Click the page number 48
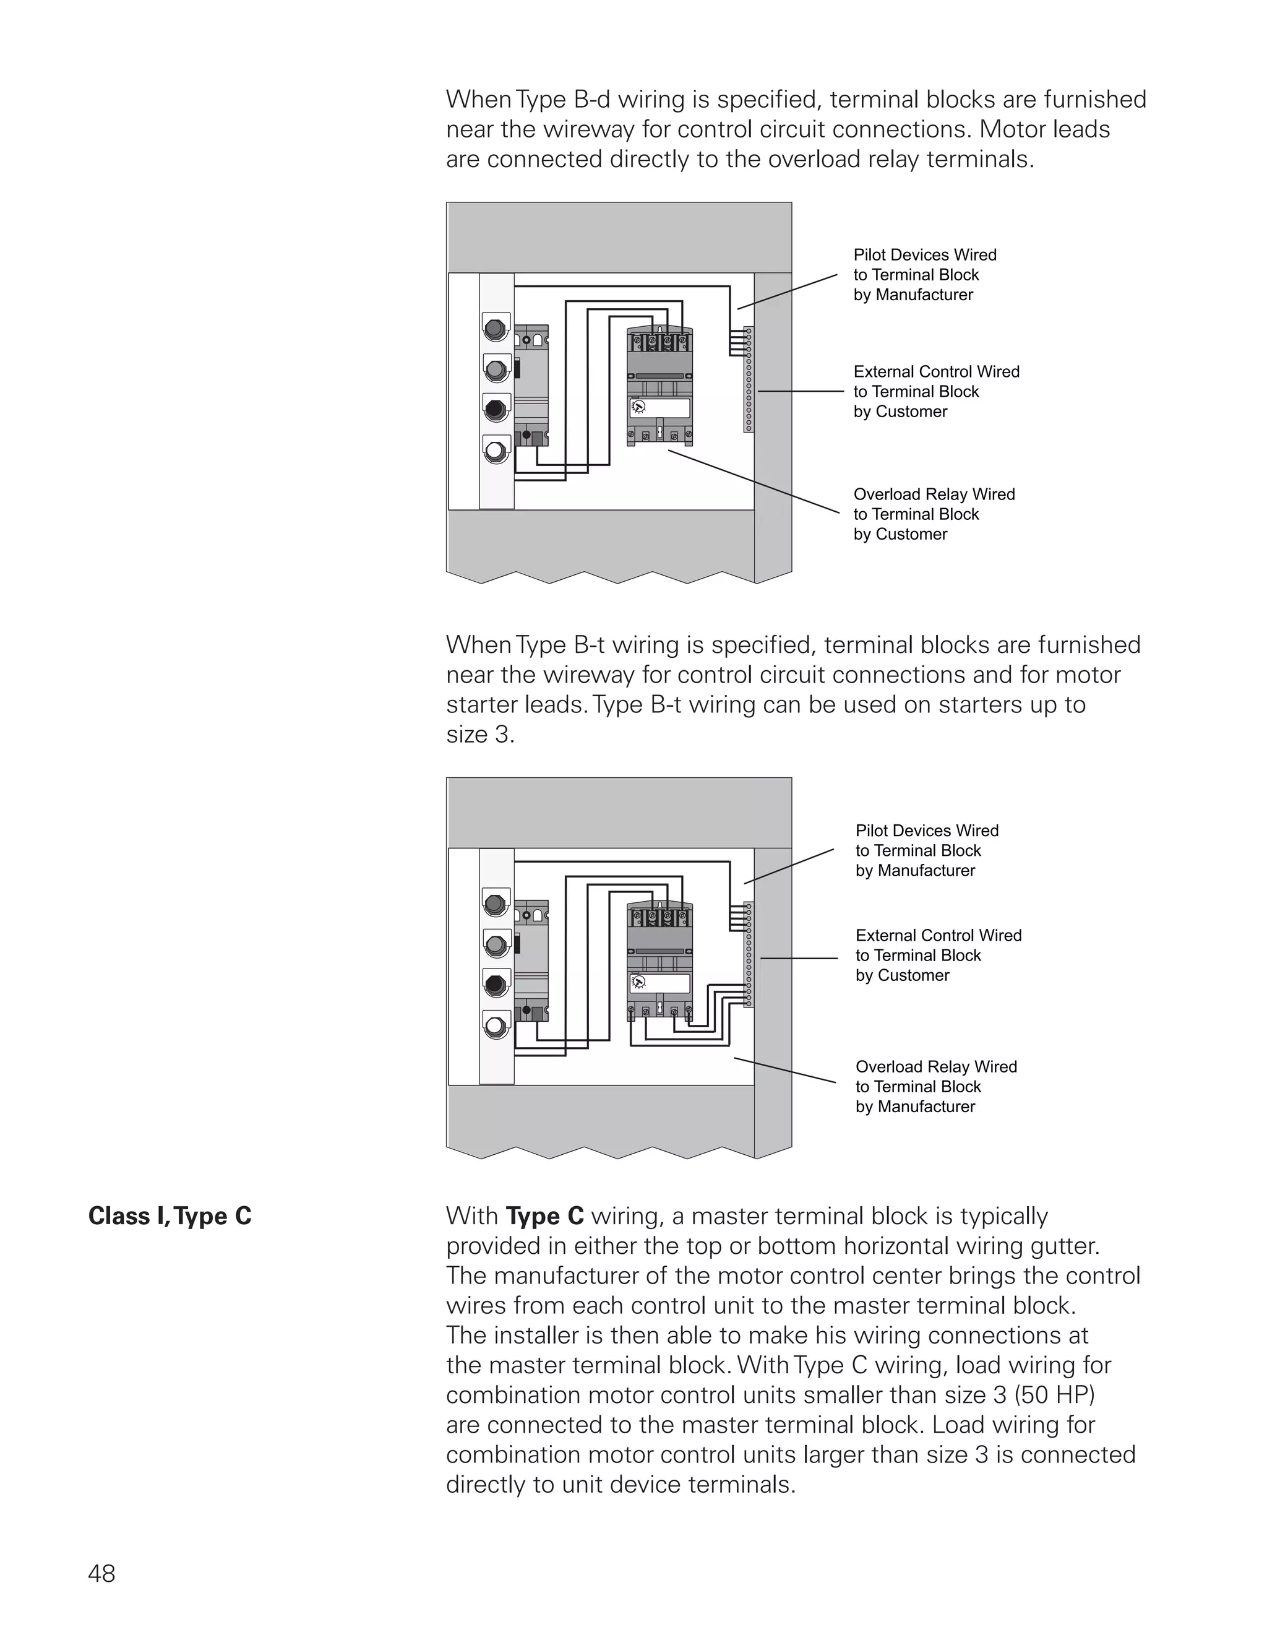(x=101, y=1573)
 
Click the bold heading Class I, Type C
(x=170, y=1215)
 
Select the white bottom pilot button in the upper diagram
(x=495, y=451)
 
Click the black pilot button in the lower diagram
(x=495, y=984)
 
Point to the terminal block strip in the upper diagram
(x=749, y=379)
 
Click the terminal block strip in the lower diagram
(x=749, y=954)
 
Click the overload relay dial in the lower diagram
(x=638, y=982)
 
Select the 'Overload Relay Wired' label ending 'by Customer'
(x=933, y=514)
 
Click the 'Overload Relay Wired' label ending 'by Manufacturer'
(x=935, y=1087)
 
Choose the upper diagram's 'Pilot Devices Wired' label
(x=924, y=275)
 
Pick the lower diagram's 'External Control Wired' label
(x=938, y=955)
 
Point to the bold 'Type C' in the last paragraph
(x=545, y=1215)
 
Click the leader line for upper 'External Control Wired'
(x=800, y=391)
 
